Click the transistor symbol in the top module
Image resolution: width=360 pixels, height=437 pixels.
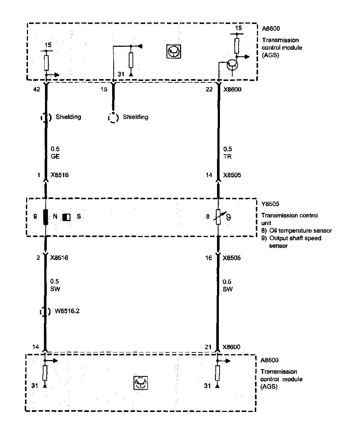pyautogui.click(x=232, y=65)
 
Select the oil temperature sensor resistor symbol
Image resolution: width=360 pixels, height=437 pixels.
pyautogui.click(x=218, y=217)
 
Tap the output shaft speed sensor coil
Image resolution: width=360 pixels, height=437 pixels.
pyautogui.click(x=46, y=217)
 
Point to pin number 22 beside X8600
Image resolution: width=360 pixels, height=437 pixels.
pyautogui.click(x=209, y=89)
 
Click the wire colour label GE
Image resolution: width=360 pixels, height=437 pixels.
pyautogui.click(x=55, y=157)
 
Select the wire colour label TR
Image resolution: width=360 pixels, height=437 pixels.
pyautogui.click(x=228, y=157)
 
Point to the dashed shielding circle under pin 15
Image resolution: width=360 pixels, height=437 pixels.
pyautogui.click(x=113, y=118)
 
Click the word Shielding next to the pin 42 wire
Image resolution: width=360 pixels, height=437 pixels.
pyautogui.click(x=68, y=117)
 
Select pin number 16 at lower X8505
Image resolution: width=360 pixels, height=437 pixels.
pyautogui.click(x=208, y=258)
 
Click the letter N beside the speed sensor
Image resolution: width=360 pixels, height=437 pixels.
pyautogui.click(x=55, y=217)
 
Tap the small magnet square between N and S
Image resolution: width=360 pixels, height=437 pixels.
pyautogui.click(x=66, y=217)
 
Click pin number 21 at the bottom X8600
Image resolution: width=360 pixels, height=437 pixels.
pyautogui.click(x=208, y=347)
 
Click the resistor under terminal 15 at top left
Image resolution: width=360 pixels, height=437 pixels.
pyautogui.click(x=46, y=63)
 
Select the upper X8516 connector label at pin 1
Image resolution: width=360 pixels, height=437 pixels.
pyautogui.click(x=60, y=175)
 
